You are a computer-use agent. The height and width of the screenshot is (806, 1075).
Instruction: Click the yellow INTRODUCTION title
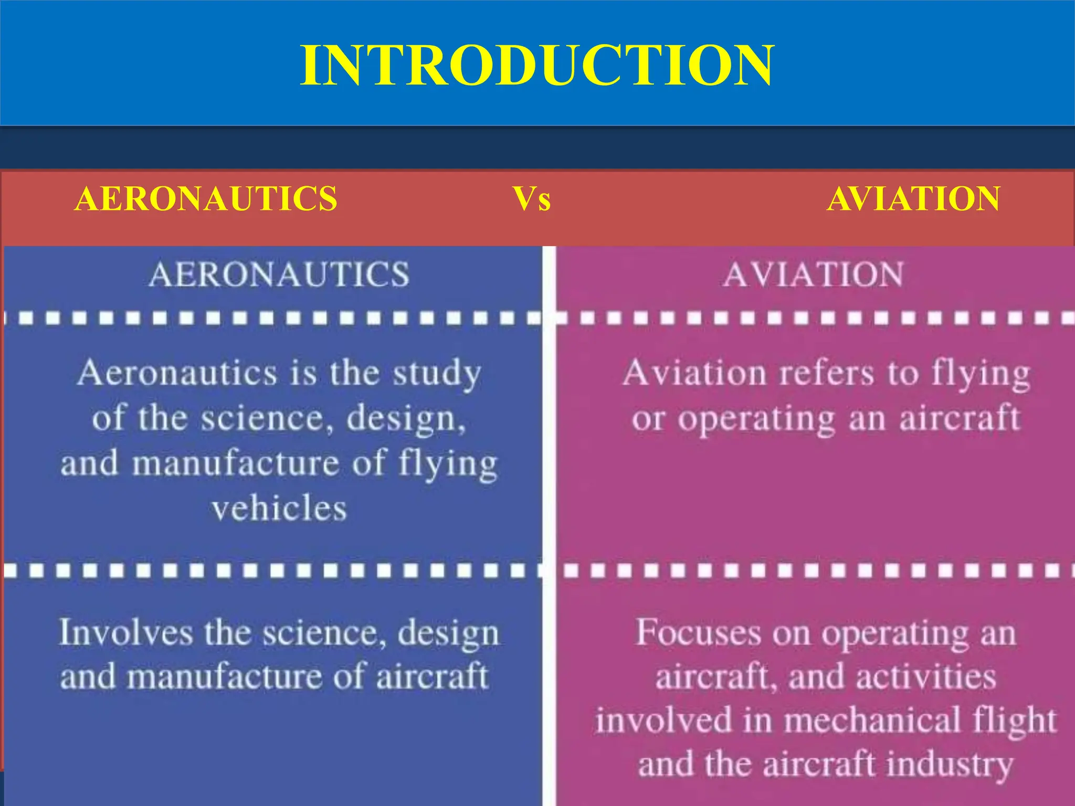pos(536,66)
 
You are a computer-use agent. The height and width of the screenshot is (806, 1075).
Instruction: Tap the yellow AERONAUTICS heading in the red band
pos(206,199)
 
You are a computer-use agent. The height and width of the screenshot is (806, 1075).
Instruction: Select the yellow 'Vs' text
pos(532,199)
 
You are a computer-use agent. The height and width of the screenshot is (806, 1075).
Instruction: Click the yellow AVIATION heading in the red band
pos(913,199)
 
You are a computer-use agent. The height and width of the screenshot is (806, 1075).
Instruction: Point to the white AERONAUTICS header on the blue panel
pos(279,274)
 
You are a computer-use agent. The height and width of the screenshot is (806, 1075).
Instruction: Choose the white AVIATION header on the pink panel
pos(813,274)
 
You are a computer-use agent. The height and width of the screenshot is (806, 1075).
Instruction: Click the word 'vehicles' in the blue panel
pos(279,508)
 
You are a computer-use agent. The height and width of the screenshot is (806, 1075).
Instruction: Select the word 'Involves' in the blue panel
pos(125,632)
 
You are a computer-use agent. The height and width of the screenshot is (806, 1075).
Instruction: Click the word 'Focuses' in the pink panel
pos(698,632)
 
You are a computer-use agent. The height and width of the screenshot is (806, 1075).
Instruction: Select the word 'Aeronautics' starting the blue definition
pos(177,374)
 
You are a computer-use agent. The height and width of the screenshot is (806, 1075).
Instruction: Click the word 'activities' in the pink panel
pos(926,677)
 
